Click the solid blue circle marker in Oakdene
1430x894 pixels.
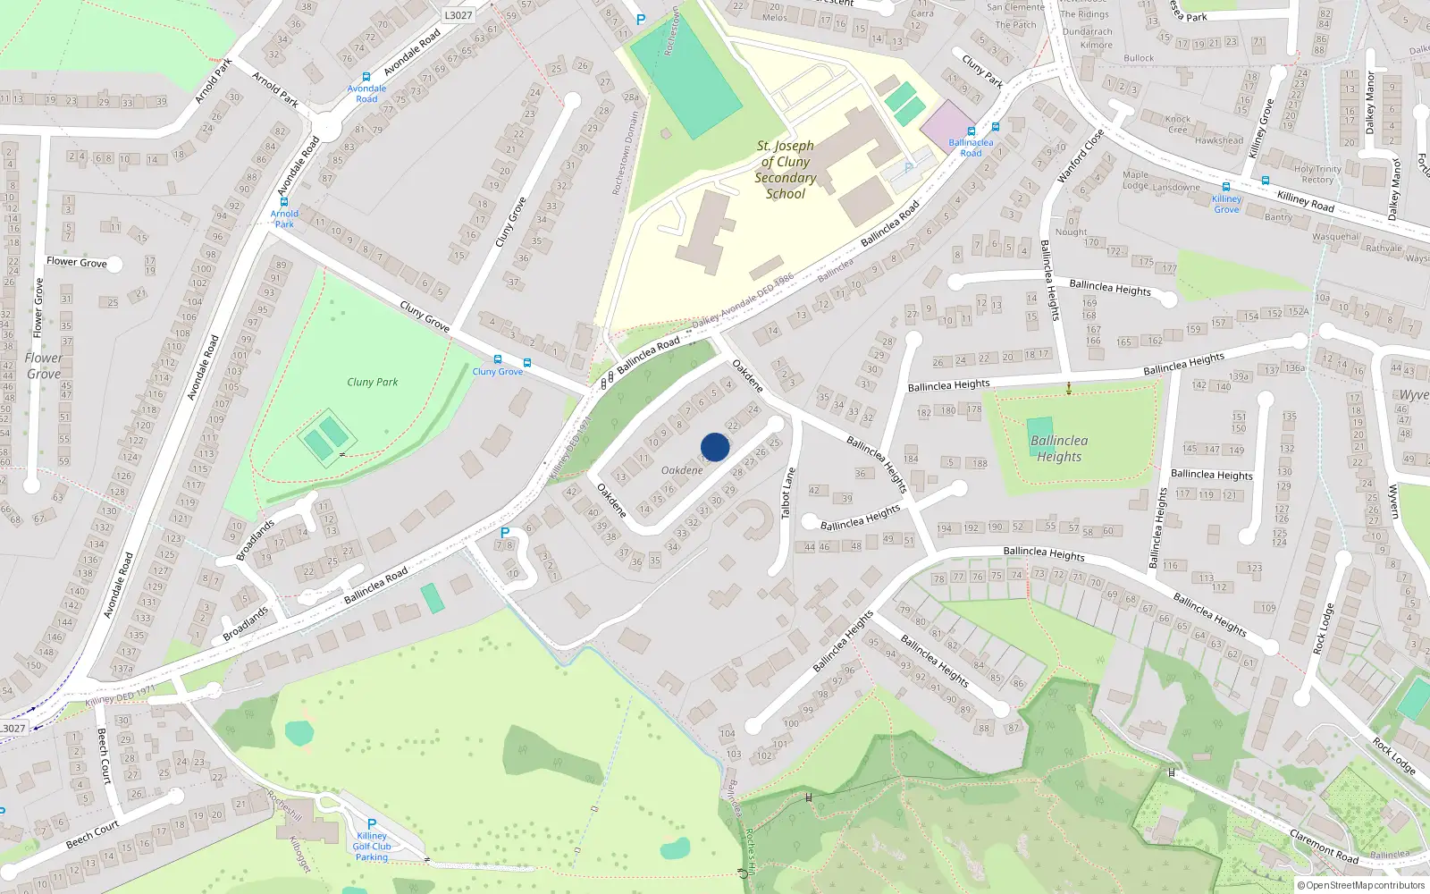point(715,447)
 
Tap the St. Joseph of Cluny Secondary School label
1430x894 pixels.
point(785,170)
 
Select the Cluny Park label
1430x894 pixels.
point(372,382)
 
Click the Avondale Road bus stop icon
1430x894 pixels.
point(366,78)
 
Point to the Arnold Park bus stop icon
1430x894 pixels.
point(284,202)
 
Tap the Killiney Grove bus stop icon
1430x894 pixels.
point(1226,188)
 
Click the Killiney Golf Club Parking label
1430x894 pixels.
point(372,847)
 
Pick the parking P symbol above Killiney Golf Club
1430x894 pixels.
point(372,824)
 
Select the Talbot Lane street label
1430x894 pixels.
point(787,493)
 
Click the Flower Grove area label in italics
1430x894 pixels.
point(43,366)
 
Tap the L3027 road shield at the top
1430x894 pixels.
point(458,15)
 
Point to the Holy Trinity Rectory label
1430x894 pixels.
point(1317,174)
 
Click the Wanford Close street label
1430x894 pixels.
point(1081,156)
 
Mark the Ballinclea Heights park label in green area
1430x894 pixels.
point(1059,449)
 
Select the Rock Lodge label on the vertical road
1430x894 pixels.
point(1323,628)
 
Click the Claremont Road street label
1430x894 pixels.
point(1324,847)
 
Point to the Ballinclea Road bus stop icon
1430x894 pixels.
point(972,131)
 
